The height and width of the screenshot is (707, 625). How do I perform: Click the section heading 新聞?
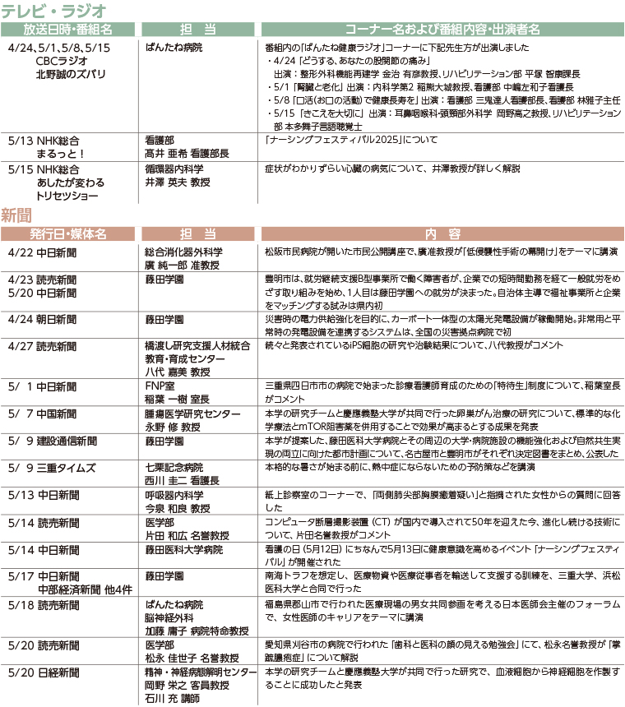(x=17, y=215)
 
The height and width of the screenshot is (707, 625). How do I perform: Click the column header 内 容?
(x=443, y=234)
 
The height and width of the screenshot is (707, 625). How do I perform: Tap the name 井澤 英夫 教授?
(x=177, y=182)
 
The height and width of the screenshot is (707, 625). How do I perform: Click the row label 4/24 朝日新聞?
(x=42, y=318)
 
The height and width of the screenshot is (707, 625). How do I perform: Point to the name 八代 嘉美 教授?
(x=177, y=372)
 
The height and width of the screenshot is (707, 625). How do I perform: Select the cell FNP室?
(x=157, y=385)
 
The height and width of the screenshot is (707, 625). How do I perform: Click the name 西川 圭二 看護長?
(x=178, y=480)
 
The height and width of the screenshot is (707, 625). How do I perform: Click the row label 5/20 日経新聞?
(x=42, y=672)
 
